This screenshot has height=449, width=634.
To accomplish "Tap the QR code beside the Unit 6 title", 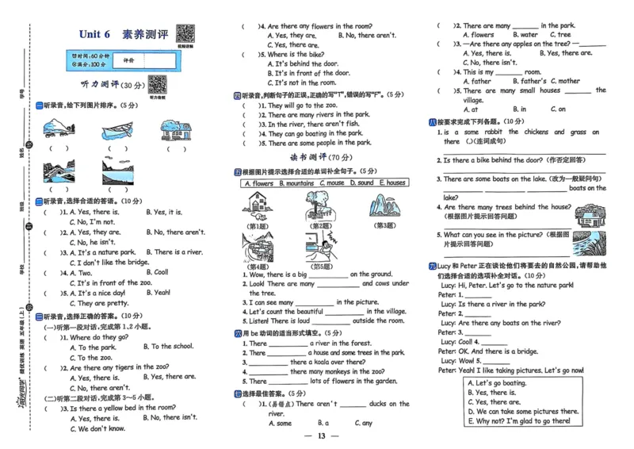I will tap(185, 33).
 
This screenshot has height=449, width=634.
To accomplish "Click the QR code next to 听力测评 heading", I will tap(157, 83).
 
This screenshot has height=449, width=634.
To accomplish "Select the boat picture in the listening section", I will tap(116, 129).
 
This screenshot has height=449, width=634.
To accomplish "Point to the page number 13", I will tap(321, 436).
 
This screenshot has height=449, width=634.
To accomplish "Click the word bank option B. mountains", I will tap(300, 183).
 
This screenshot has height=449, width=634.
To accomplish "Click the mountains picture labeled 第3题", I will tap(384, 208).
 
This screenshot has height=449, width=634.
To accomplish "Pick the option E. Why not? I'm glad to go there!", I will tap(519, 421).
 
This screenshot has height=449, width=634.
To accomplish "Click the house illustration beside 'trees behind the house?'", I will tap(588, 215).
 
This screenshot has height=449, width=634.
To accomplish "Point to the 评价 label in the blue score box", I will tap(129, 60).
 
